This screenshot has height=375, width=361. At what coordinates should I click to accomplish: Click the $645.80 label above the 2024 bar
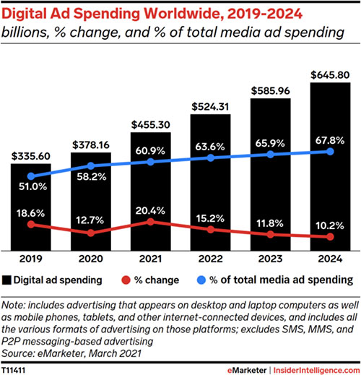pyautogui.click(x=330, y=75)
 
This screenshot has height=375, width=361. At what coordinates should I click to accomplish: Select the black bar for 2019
pyautogui.click(x=31, y=207)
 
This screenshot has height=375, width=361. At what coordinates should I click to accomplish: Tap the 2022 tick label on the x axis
pyautogui.click(x=211, y=259)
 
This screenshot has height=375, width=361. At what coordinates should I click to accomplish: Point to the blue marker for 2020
pyautogui.click(x=91, y=165)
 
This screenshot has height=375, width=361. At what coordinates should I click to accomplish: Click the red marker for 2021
pyautogui.click(x=150, y=222)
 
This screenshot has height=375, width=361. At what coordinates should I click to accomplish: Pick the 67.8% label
pyautogui.click(x=330, y=140)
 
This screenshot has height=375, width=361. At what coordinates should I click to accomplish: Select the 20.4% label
pyautogui.click(x=150, y=211)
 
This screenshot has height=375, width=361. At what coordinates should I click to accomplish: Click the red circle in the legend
pyautogui.click(x=126, y=280)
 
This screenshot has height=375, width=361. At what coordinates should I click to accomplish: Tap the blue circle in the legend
pyautogui.click(x=201, y=280)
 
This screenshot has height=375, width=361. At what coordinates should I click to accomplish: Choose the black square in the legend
pyautogui.click(x=6, y=280)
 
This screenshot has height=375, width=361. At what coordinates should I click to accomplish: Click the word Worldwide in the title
pyautogui.click(x=182, y=14)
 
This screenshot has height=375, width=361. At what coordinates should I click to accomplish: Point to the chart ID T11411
pyautogui.click(x=13, y=370)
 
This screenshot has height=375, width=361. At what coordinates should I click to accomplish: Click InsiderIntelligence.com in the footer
pyautogui.click(x=316, y=370)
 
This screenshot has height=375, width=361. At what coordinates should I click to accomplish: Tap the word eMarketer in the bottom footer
pyautogui.click(x=247, y=370)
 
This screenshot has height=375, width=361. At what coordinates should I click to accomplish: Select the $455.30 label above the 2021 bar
pyautogui.click(x=151, y=125)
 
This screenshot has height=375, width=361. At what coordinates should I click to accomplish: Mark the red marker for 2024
pyautogui.click(x=330, y=237)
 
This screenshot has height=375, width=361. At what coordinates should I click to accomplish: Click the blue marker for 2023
pyautogui.click(x=270, y=155)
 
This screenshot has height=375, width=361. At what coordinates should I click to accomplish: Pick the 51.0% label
pyautogui.click(x=32, y=186)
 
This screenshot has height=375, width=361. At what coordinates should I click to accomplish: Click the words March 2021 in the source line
pyautogui.click(x=115, y=353)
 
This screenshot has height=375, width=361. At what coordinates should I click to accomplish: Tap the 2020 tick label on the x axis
pyautogui.click(x=91, y=259)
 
